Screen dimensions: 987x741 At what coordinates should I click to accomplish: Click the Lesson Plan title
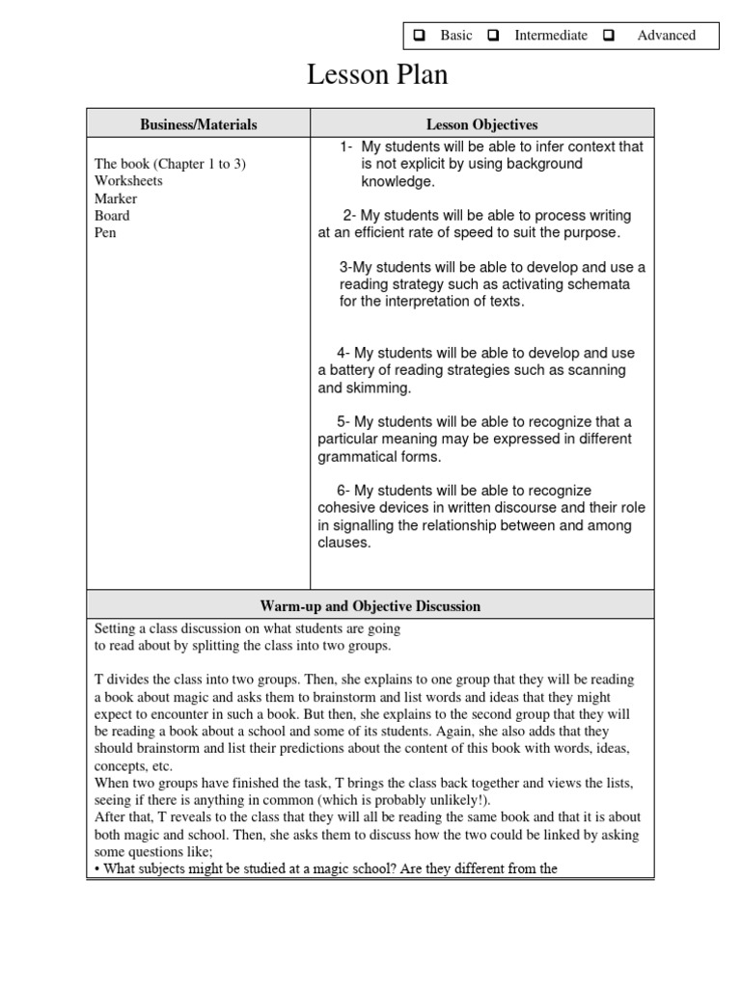(377, 75)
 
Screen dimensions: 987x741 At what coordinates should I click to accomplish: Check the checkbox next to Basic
(420, 36)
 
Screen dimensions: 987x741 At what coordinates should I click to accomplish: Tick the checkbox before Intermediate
(493, 36)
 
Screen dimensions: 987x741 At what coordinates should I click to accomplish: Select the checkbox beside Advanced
(609, 36)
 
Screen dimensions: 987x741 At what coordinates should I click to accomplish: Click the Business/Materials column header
(199, 124)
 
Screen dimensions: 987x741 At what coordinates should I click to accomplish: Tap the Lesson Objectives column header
(482, 124)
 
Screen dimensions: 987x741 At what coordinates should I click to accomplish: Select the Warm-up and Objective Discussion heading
(370, 606)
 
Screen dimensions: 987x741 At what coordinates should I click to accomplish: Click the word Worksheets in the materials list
(128, 181)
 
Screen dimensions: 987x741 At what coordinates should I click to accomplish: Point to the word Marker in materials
(116, 199)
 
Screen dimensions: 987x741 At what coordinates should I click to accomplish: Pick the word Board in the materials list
(112, 216)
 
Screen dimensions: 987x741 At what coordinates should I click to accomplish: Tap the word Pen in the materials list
(105, 233)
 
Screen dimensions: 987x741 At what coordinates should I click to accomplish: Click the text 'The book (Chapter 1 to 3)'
(170, 164)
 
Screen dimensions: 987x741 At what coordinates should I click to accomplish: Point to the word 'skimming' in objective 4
(373, 387)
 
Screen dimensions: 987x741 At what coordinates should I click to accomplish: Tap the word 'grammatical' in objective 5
(356, 457)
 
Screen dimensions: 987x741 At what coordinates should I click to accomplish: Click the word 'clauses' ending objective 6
(343, 543)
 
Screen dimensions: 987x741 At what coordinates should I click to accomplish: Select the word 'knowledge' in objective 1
(398, 181)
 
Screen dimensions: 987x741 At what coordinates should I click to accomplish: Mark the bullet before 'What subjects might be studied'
(97, 868)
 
